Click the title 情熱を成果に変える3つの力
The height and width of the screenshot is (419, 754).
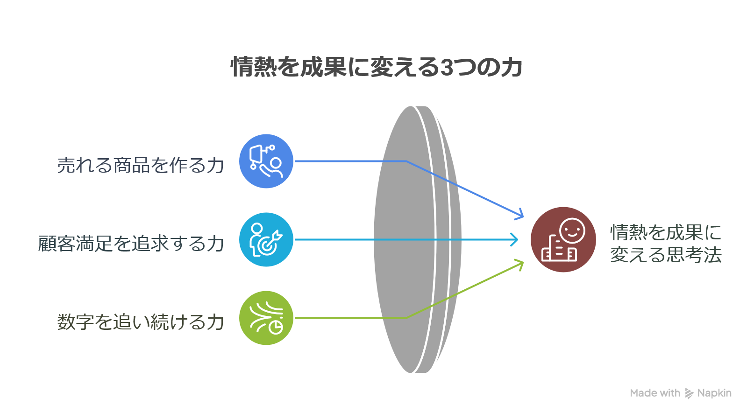377,67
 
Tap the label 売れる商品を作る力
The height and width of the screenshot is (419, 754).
141,165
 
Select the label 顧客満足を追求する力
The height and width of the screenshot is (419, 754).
131,244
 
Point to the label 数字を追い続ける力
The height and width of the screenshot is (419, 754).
141,322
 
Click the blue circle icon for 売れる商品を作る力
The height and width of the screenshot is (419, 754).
266,161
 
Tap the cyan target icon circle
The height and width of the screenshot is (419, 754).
266,239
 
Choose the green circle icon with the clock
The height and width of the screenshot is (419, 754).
266,318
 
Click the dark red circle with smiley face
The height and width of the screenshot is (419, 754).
563,239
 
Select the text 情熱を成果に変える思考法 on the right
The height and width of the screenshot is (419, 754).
666,243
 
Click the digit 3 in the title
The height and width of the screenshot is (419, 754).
446,67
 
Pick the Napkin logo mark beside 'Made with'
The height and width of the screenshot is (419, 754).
689,393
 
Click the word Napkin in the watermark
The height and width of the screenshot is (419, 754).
714,393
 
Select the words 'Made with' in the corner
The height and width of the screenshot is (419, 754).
655,393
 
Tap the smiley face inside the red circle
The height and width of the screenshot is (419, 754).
572,230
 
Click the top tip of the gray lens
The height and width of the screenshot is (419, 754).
411,106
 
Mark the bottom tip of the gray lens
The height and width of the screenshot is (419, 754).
411,373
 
